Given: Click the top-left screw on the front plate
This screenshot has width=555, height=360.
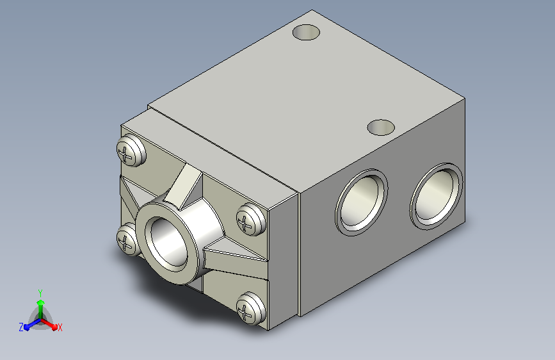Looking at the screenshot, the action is pyautogui.click(x=131, y=150).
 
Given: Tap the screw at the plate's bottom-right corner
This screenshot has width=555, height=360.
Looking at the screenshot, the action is pyautogui.click(x=250, y=308).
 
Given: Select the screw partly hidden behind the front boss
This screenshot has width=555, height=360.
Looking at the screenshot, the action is pyautogui.click(x=127, y=239).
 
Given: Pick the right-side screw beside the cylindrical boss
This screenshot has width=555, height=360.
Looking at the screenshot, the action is pyautogui.click(x=250, y=219).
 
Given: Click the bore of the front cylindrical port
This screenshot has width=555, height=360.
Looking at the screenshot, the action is pyautogui.click(x=169, y=242).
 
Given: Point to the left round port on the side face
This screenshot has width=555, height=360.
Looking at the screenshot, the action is pyautogui.click(x=362, y=202).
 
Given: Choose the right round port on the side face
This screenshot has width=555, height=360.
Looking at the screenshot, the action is pyautogui.click(x=436, y=196).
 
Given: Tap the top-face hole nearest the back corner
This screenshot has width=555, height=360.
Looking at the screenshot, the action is pyautogui.click(x=306, y=32).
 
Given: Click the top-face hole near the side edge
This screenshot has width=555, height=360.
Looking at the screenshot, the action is pyautogui.click(x=381, y=127).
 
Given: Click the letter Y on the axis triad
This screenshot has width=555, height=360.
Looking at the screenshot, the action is pyautogui.click(x=40, y=293).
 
